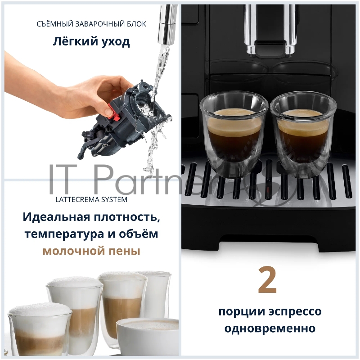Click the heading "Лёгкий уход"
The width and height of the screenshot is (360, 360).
click(x=91, y=42)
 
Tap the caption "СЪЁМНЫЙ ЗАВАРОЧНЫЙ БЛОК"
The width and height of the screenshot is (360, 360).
click(x=91, y=24)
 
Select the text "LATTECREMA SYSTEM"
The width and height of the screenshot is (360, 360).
click(x=91, y=198)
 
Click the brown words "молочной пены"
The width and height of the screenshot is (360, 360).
click(x=91, y=251)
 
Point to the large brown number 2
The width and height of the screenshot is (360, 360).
click(x=268, y=280)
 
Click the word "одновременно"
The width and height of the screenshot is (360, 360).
click(x=270, y=328)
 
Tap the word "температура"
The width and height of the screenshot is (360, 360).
click(x=65, y=234)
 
